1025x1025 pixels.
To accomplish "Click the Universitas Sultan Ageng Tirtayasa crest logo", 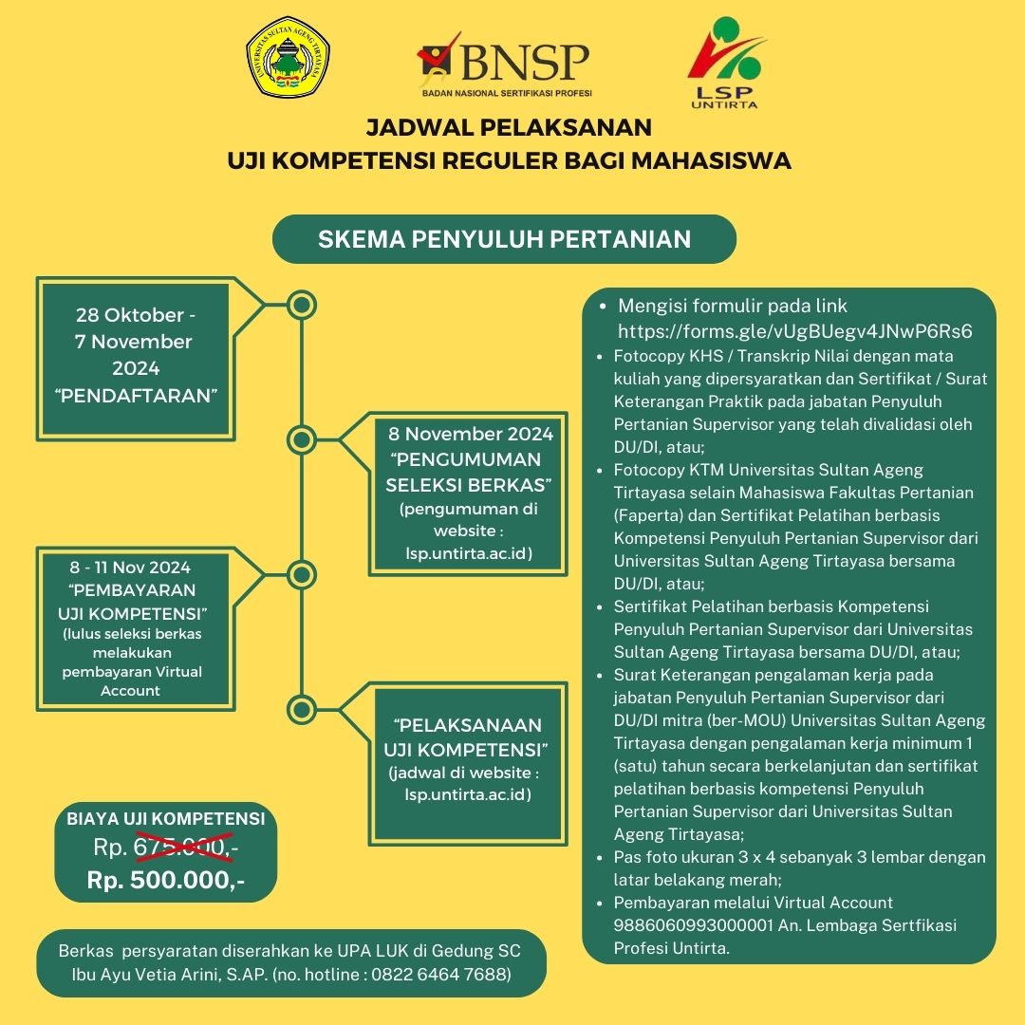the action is click(x=288, y=58).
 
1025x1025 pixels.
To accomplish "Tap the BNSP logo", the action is click(x=505, y=65).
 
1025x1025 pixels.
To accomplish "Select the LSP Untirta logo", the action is click(x=725, y=63).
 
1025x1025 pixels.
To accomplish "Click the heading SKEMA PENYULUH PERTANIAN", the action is click(x=504, y=239).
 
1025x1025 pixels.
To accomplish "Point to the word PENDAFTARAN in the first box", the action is click(x=136, y=396).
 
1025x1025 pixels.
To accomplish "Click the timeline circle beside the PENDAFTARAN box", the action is click(x=302, y=305).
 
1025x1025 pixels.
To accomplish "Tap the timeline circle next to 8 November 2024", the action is click(x=302, y=439).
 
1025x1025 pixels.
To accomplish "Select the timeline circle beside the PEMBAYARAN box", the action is click(x=302, y=574).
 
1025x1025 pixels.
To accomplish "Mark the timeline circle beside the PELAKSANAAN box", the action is click(x=302, y=710).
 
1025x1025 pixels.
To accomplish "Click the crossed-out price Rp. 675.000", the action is click(x=165, y=848).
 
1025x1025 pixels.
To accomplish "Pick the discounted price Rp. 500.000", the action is click(x=165, y=880).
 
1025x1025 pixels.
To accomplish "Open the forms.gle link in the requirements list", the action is click(x=794, y=331).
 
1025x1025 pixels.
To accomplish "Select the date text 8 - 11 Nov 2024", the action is click(x=130, y=567).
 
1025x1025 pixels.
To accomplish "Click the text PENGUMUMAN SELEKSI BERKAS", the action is click(x=468, y=472).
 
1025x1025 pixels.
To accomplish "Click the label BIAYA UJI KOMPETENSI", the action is click(x=165, y=818).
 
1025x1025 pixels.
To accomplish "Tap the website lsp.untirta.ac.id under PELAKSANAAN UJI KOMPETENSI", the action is click(x=467, y=795).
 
